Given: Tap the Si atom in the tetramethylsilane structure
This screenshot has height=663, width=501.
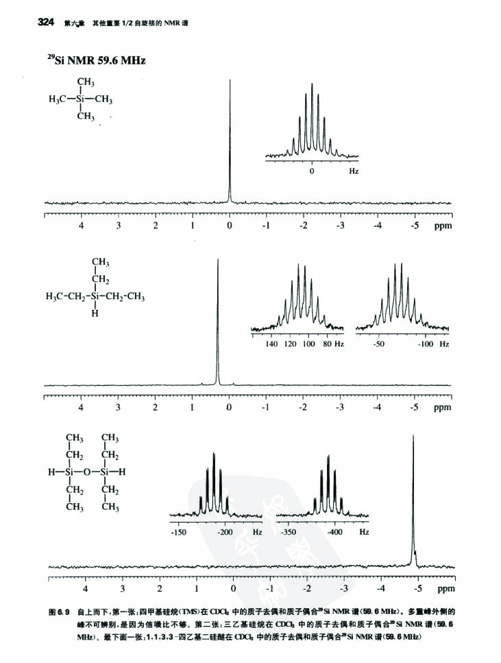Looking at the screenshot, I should pyautogui.click(x=82, y=99).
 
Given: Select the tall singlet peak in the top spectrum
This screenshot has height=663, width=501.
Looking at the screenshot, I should pyautogui.click(x=230, y=137).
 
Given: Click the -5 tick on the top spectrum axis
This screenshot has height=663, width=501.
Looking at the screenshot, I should pyautogui.click(x=414, y=225).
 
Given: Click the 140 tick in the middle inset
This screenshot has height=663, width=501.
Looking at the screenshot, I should pyautogui.click(x=271, y=343).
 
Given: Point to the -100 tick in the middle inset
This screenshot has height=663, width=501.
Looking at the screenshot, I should pyautogui.click(x=425, y=343).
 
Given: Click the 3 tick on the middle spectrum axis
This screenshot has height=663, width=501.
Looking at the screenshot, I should pyautogui.click(x=119, y=407).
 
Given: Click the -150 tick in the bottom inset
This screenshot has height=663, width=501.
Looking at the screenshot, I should pyautogui.click(x=178, y=532).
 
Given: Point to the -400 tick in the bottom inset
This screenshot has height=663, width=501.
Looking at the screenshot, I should pyautogui.click(x=334, y=532).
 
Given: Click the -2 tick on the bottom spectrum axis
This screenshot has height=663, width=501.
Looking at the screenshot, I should pyautogui.click(x=307, y=588).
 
